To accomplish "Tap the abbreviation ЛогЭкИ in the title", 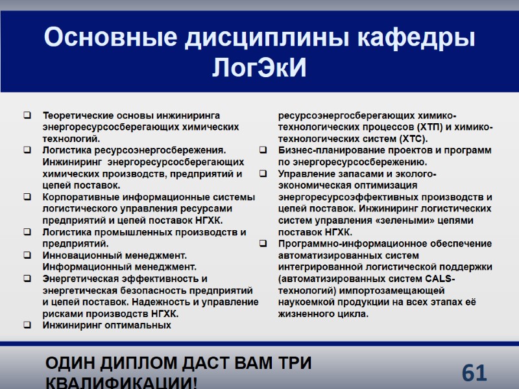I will tap(259, 67).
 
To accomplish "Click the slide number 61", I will tap(474, 373).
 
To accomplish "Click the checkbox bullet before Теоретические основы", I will tap(27, 115).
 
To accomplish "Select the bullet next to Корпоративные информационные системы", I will tap(27, 197).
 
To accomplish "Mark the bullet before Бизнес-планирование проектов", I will tap(263, 150).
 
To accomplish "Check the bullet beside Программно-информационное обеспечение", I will tap(263, 244).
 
